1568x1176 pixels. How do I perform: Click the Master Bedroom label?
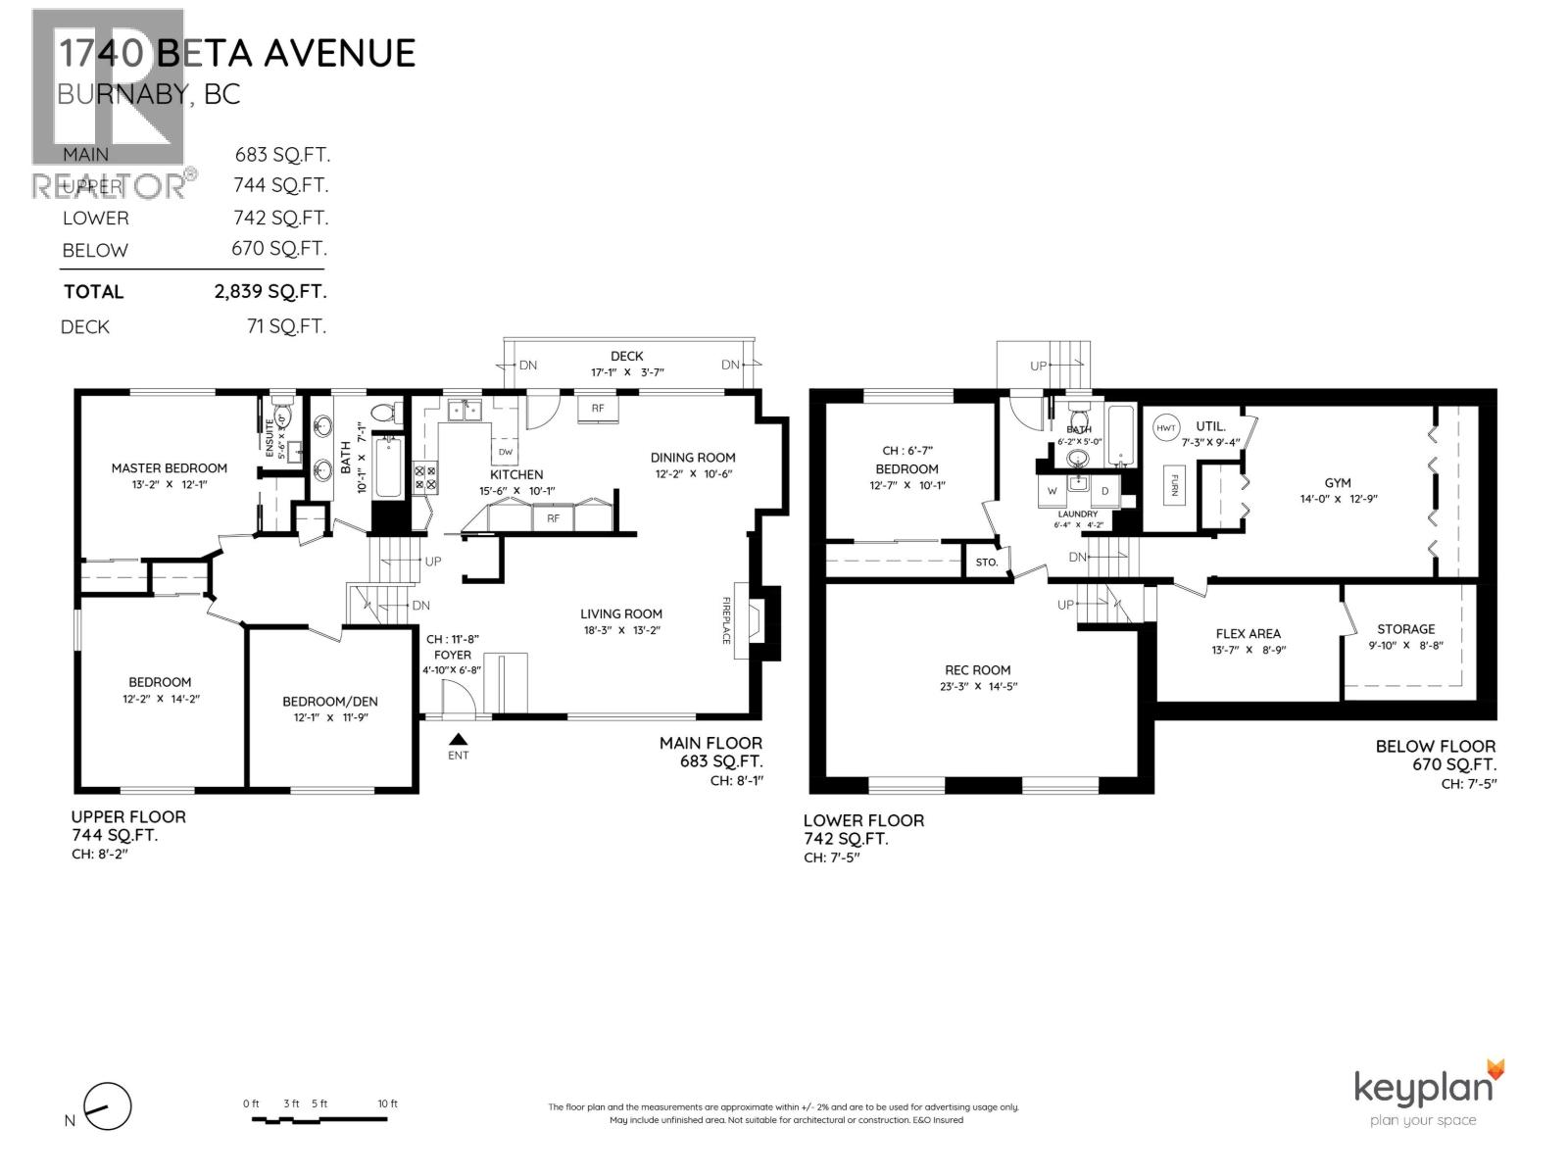tap(169, 467)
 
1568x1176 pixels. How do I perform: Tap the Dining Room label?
tap(693, 457)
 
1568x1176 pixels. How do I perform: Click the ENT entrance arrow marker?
tap(458, 741)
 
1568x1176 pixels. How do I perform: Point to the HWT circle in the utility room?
tap(1165, 428)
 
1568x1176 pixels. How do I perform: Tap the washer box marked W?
tap(1053, 490)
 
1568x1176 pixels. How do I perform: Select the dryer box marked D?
tap(1104, 490)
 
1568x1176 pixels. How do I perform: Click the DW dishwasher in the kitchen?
tap(506, 452)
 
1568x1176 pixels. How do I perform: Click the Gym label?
tap(1337, 482)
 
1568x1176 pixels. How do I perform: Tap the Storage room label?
tap(1405, 629)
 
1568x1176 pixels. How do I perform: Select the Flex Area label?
tap(1248, 633)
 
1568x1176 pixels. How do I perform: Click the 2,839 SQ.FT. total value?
tap(270, 291)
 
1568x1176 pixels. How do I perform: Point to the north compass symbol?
tap(106, 1108)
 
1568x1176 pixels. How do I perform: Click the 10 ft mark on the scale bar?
tap(388, 1104)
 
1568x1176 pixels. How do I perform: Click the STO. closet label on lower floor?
tap(986, 563)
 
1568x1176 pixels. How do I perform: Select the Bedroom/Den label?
tap(329, 701)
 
